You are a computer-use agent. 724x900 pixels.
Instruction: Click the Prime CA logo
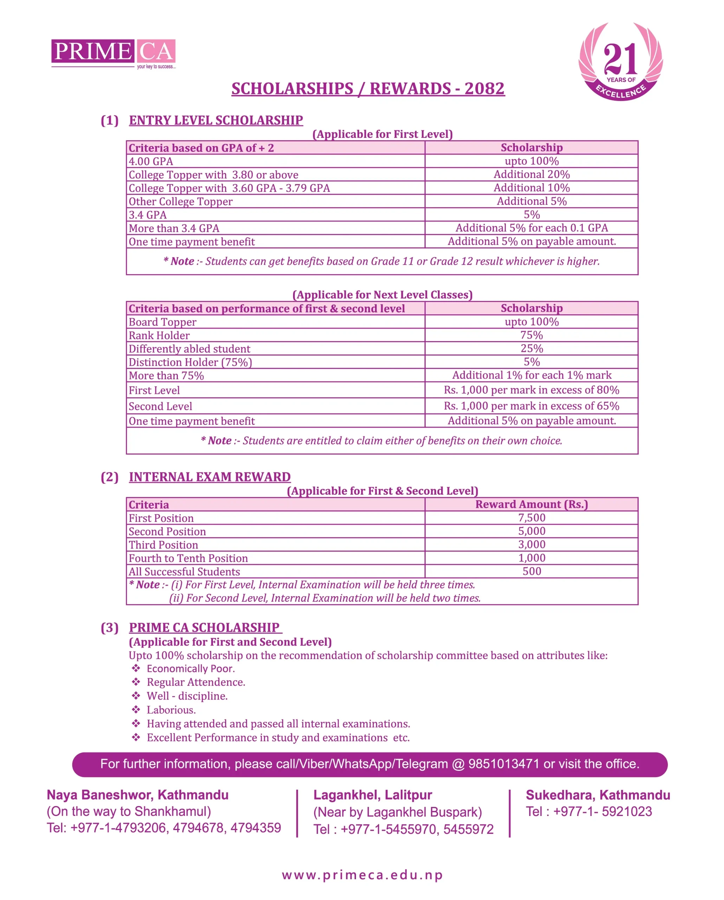[113, 53]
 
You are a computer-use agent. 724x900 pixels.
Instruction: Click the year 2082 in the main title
[484, 89]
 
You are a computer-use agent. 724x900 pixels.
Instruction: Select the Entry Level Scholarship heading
[216, 120]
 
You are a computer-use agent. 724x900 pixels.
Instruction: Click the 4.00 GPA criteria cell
[151, 161]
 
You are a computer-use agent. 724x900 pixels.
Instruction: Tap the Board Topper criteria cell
[162, 322]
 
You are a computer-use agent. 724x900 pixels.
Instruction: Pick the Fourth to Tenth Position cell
[188, 558]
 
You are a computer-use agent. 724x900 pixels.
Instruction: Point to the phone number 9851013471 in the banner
[503, 764]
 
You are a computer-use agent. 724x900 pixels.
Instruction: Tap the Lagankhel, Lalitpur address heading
[372, 795]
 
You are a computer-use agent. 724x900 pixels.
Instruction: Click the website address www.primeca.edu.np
[362, 875]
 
